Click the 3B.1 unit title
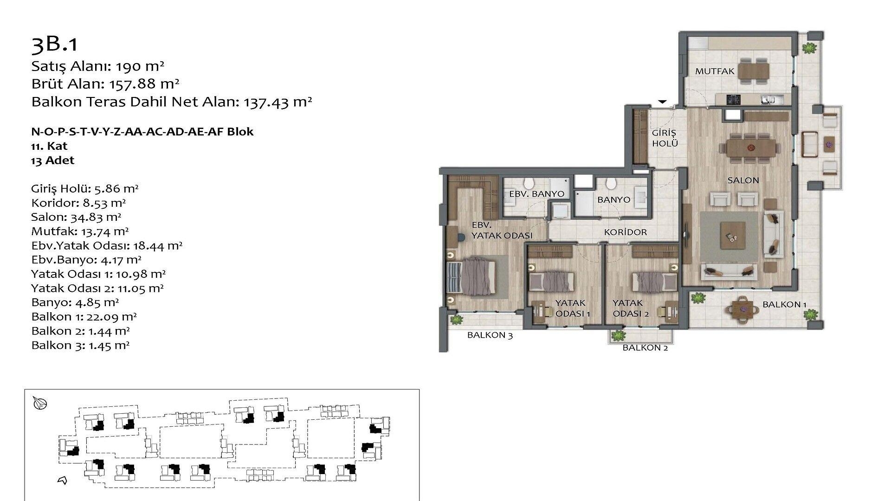[x=54, y=45]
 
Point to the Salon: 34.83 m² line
[x=76, y=217]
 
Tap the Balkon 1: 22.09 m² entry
[x=84, y=317]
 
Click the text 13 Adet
[x=52, y=161]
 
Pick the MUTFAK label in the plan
[x=715, y=71]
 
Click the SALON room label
[x=743, y=180]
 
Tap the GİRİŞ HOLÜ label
[x=665, y=138]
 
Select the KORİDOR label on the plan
[x=625, y=232]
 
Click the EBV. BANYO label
[x=536, y=194]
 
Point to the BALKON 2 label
[x=645, y=347]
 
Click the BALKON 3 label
[x=490, y=335]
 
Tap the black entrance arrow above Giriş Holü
[x=662, y=102]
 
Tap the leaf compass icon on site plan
[x=40, y=404]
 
